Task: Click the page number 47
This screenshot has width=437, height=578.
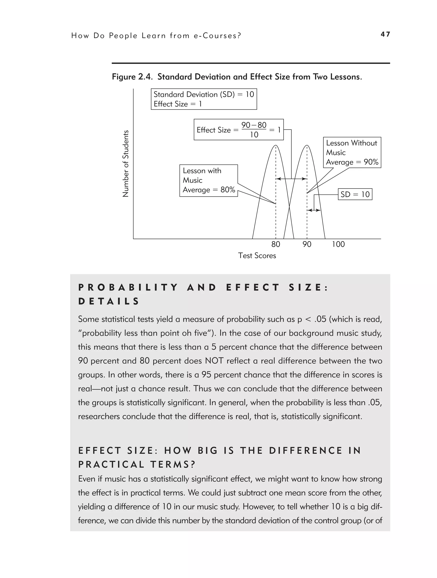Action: point(385,34)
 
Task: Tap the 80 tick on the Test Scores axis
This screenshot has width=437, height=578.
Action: point(276,244)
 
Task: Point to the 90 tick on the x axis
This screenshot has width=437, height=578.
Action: point(307,244)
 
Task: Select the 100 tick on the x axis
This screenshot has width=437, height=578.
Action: point(338,244)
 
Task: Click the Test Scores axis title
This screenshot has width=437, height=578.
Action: point(257,255)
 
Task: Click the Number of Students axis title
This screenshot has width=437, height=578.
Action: point(126,164)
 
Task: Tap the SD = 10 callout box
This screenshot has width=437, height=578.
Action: point(355,194)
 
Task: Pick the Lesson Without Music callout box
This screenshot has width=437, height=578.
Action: point(352,153)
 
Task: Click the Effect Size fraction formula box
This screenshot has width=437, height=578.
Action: point(239,130)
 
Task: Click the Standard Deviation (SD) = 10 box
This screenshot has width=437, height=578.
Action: point(204,99)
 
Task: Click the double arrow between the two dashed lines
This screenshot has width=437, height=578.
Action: point(291,179)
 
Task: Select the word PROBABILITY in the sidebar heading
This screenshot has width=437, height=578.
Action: point(128,288)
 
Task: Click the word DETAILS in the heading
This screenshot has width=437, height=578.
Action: point(109,301)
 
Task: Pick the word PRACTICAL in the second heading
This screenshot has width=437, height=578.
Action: point(111,465)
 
